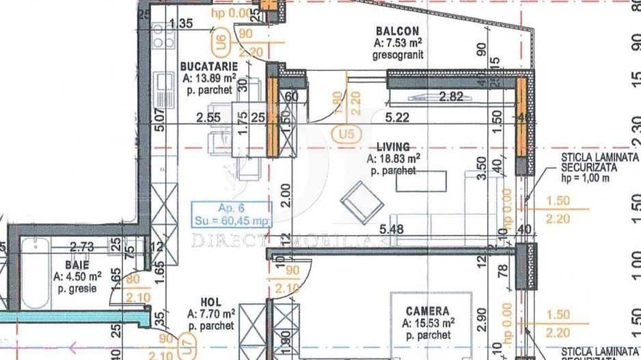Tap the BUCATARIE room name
coord(209,66)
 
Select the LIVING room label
coord(393,146)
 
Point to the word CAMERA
coord(427,311)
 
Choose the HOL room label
coord(210,301)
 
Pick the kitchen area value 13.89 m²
coord(209,79)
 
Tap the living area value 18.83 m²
coord(393,158)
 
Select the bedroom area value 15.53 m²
coord(427,323)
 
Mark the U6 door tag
coord(220,45)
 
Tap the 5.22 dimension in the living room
coord(398,117)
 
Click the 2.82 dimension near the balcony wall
coord(452,96)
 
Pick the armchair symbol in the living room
coord(357,199)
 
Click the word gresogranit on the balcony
coord(400,54)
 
